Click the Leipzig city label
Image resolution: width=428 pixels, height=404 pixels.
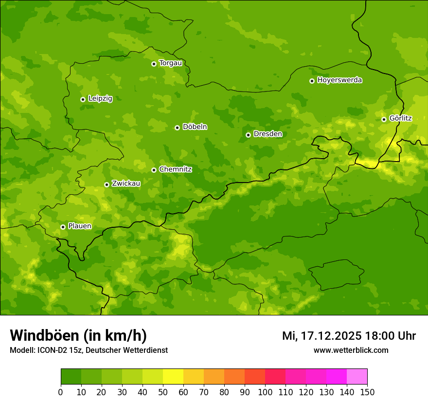[x=100, y=99]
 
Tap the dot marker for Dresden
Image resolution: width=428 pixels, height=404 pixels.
[x=248, y=135]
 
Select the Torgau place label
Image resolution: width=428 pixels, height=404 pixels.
[x=170, y=63]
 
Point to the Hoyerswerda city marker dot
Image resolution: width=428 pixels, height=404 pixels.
[x=312, y=81]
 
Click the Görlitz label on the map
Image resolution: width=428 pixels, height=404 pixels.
[x=400, y=118]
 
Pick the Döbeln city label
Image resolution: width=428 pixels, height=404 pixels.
[x=195, y=127]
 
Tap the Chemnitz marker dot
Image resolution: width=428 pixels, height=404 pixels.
[x=154, y=170]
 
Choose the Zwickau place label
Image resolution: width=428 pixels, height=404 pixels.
[x=126, y=184]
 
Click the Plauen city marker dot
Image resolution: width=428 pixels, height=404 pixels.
[x=63, y=227]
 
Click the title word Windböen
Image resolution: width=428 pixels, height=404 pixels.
[x=44, y=336]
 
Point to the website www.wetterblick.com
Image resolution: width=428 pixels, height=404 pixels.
[x=351, y=350]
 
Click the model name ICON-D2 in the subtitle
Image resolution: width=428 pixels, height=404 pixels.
[x=53, y=350]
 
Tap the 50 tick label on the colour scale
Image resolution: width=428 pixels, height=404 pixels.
[x=163, y=392]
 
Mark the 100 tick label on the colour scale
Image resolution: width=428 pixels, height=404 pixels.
[x=265, y=392]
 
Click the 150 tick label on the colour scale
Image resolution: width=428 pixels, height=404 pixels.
[x=367, y=392]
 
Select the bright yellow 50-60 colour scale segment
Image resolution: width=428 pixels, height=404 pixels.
[x=173, y=377]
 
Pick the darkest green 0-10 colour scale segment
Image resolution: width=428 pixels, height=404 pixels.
[x=71, y=377]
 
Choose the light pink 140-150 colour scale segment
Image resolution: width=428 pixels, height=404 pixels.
[x=357, y=377]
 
